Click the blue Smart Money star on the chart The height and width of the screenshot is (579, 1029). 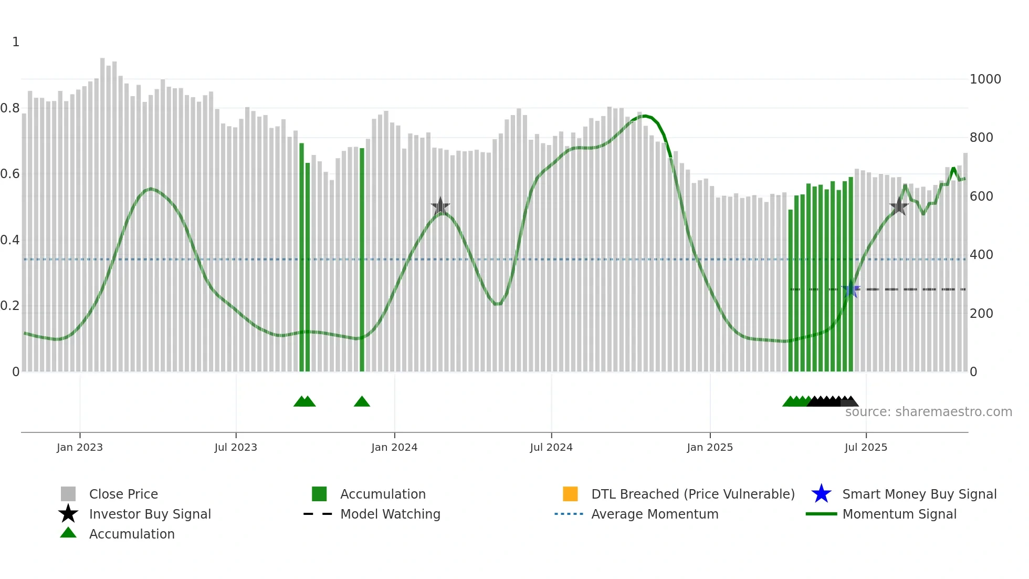coord(850,289)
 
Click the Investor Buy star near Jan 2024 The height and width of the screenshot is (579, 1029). coord(440,206)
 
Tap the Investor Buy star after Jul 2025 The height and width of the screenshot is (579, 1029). coord(899,206)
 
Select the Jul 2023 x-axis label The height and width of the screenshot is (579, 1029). coord(236,447)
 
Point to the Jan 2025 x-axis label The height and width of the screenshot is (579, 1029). coord(710,447)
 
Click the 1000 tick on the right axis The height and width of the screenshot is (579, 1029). coord(985,79)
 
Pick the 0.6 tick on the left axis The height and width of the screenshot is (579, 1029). coord(10,174)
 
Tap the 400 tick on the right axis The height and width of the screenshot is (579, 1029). coord(981,255)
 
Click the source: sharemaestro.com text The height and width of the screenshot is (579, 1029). coord(928,412)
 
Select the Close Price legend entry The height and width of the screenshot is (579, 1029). coord(123,494)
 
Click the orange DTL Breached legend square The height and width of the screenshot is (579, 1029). coord(570,494)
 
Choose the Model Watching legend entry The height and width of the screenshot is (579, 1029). coord(390,514)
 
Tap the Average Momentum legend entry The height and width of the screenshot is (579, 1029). coord(655,514)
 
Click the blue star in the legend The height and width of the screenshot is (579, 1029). coord(821,494)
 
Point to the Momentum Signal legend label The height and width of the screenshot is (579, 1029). coord(899,514)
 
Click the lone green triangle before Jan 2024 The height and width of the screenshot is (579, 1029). coord(362,402)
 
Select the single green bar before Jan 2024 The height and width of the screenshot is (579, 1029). coord(362,260)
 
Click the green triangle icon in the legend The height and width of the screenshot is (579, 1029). coord(68,533)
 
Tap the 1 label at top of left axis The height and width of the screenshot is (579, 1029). coord(16,42)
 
